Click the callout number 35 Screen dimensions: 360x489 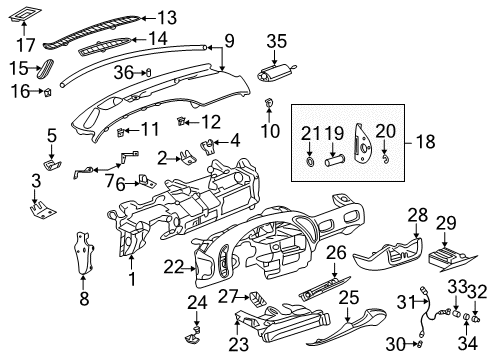276,40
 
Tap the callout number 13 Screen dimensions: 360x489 165,17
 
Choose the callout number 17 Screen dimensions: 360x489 27,43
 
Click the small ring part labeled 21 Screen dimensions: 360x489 312,160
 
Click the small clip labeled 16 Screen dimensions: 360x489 47,92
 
